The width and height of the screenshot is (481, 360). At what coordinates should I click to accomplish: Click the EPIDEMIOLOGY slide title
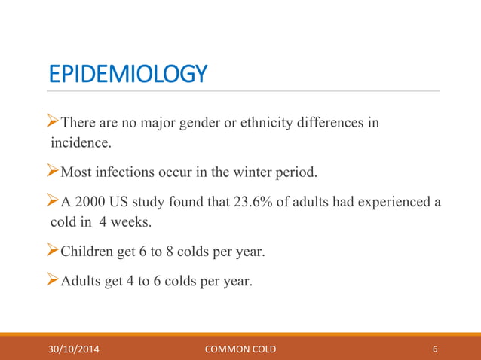pos(127,74)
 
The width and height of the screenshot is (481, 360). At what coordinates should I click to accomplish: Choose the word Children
pos(85,252)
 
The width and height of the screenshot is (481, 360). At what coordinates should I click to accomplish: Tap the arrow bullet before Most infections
pos(54,172)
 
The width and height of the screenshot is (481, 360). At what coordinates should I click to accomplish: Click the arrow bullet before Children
pos(54,252)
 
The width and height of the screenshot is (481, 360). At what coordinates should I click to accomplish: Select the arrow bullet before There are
pos(54,123)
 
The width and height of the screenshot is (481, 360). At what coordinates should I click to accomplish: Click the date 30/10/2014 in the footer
pos(74,349)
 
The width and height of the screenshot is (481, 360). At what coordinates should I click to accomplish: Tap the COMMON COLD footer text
pos(240,349)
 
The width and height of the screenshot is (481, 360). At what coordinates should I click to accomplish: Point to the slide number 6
pos(436,349)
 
